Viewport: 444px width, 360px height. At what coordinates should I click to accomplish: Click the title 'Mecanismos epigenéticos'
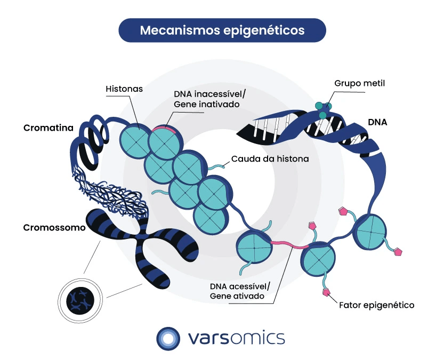click(222, 30)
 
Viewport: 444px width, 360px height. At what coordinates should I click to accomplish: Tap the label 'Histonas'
click(124, 89)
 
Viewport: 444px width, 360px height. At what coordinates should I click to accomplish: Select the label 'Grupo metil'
click(359, 83)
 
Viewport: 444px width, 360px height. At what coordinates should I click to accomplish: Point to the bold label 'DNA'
click(377, 122)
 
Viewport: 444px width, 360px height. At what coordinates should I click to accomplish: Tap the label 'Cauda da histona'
click(271, 158)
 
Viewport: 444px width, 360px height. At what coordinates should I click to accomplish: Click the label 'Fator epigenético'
click(376, 306)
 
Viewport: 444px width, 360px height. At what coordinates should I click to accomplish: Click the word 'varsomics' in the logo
click(237, 338)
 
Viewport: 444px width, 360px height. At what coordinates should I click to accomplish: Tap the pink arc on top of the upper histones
click(164, 128)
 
